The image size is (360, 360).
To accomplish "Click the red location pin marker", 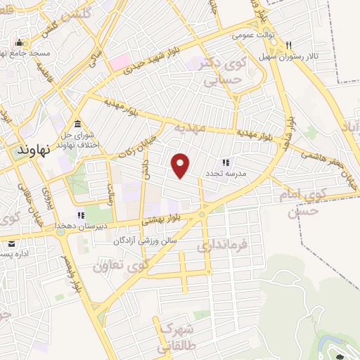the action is pyautogui.click(x=181, y=165).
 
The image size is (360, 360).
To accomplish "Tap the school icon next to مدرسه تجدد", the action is pyautogui.click(x=226, y=162).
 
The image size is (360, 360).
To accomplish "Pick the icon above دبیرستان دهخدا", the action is pyautogui.click(x=82, y=215).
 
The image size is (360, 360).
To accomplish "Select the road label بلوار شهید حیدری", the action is pyautogui.click(x=150, y=59).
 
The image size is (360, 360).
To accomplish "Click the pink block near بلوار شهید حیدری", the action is pyautogui.click(x=119, y=62).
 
